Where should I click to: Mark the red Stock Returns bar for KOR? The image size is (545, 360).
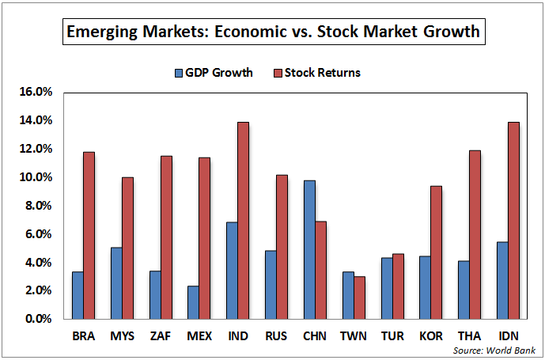click(435, 252)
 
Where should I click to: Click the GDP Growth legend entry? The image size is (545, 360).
click(214, 73)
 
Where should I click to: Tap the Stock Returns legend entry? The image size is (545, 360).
click(316, 73)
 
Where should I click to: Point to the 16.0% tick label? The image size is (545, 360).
click(36, 92)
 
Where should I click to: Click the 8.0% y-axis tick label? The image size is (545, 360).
click(38, 206)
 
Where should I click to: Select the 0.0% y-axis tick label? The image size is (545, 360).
click(38, 319)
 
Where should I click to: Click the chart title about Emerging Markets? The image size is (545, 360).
click(273, 32)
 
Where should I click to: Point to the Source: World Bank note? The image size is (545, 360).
click(495, 350)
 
